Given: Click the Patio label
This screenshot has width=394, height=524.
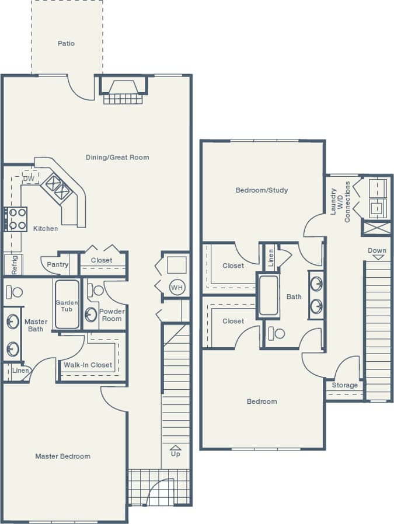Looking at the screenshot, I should tap(66, 44).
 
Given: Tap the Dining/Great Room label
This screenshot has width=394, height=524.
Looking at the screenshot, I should tap(117, 158).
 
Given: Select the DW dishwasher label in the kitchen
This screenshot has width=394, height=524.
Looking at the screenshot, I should tap(29, 179).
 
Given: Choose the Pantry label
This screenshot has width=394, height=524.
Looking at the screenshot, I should tap(58, 264).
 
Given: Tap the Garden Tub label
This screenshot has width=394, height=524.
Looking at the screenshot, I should tap(67, 306).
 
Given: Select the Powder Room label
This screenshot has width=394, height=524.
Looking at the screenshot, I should tap(111, 315).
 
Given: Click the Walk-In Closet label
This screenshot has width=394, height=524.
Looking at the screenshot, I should tap(88, 365).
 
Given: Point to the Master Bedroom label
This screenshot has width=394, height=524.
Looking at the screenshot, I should tap(62, 456).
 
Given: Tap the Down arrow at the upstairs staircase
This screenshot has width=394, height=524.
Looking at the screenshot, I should tap(377, 253).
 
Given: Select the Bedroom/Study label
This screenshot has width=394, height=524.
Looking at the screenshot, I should tap(261, 190).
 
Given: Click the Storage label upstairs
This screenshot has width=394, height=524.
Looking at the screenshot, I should tap(344, 385).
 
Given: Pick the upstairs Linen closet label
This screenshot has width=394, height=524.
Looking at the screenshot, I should tap(270, 257).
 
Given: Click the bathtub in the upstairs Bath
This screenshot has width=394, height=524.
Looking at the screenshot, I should tap(269, 295).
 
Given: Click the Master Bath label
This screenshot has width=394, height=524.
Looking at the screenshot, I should tap(36, 326).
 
